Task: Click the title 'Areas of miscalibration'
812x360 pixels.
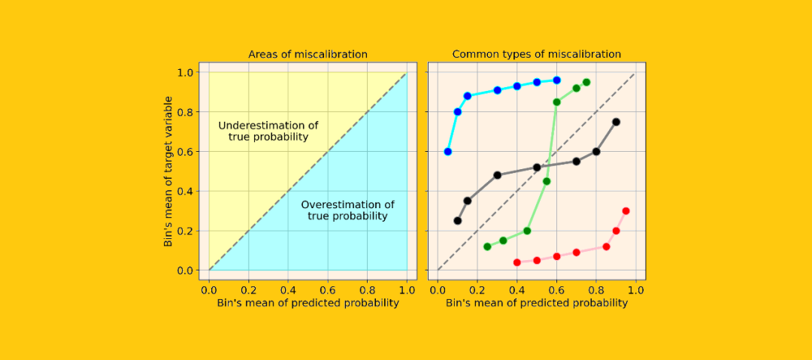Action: tap(308, 54)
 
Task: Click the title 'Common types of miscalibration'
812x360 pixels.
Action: tap(536, 54)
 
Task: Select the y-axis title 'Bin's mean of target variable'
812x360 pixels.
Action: tap(169, 171)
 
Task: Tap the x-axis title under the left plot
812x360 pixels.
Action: tap(308, 303)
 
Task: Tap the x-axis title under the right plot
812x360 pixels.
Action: tap(536, 303)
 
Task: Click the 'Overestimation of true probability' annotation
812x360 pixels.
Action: tap(347, 210)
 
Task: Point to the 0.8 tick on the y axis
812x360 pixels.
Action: tap(185, 112)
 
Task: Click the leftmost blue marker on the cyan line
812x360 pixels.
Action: tap(448, 152)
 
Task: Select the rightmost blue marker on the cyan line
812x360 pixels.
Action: tap(557, 80)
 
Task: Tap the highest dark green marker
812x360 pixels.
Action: tap(586, 82)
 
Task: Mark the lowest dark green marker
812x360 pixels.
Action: tap(487, 247)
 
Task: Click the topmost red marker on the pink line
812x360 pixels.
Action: tap(626, 211)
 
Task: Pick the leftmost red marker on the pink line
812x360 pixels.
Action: tap(517, 262)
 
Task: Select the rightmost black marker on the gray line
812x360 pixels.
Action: tap(616, 122)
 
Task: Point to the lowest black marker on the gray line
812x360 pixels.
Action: tap(458, 221)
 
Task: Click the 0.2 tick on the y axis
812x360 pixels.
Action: tap(185, 231)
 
